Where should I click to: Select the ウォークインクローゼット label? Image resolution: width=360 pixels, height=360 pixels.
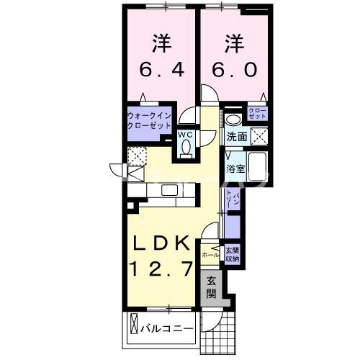(x=148, y=119)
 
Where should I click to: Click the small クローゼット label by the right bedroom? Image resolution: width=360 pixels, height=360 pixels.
(x=257, y=112)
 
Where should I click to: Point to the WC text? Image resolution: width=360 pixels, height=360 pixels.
(x=185, y=133)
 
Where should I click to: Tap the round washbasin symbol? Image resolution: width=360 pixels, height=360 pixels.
(x=233, y=120)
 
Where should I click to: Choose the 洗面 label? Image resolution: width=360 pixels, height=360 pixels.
(x=237, y=136)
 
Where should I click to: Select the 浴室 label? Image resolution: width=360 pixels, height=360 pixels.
(x=235, y=168)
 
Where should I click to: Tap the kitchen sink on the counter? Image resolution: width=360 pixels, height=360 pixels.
(x=170, y=189)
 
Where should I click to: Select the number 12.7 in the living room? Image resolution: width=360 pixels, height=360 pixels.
(x=161, y=270)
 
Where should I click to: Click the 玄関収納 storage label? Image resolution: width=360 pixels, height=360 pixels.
(x=232, y=254)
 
